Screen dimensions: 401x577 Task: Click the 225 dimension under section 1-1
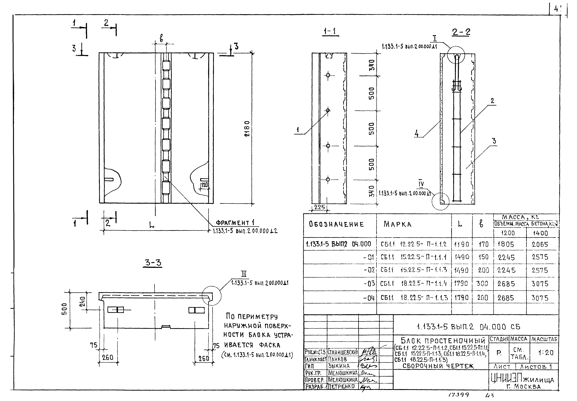tap(319, 207)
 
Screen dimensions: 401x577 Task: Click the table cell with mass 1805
tap(506, 244)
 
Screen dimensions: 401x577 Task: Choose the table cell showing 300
tap(482, 284)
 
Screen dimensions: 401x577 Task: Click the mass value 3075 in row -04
tap(540, 298)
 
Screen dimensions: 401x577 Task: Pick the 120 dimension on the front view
tap(204, 185)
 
